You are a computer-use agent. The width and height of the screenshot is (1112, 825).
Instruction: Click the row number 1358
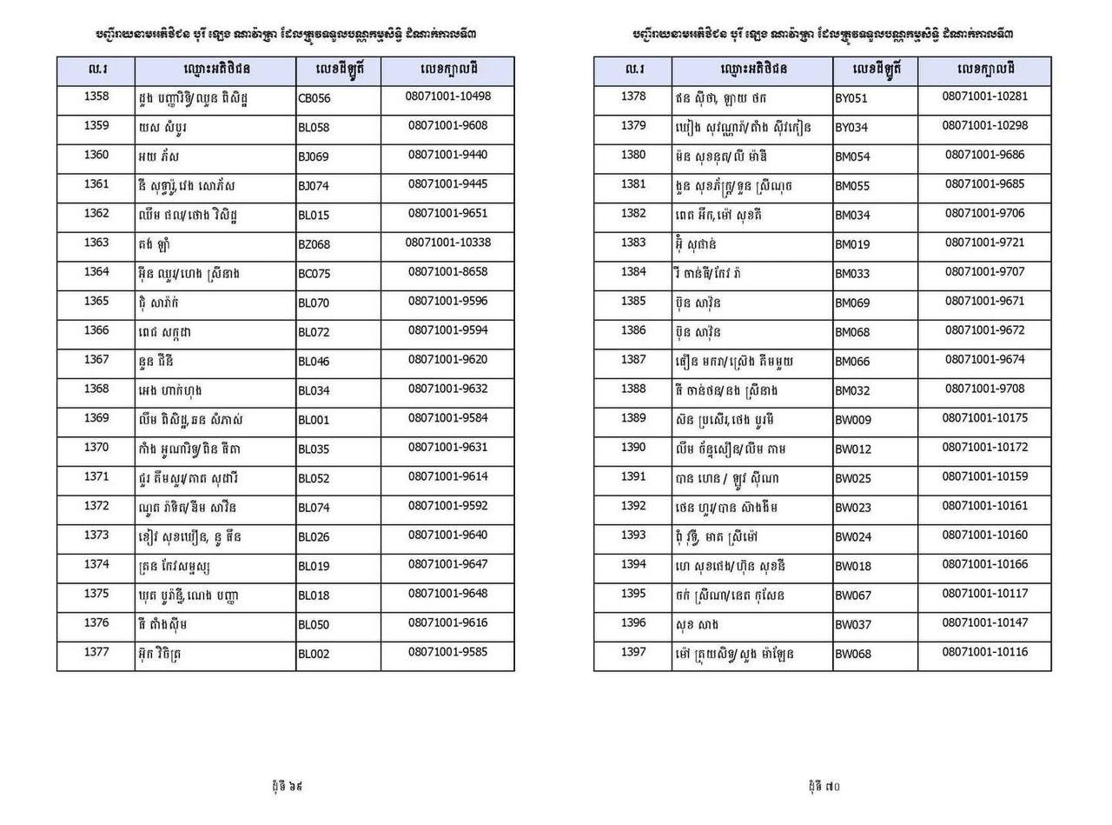click(96, 96)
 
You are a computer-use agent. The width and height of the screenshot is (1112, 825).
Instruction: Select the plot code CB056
click(314, 99)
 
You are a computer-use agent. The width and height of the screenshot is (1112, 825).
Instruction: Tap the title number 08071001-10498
click(448, 96)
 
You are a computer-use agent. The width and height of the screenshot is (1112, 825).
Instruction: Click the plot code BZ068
click(314, 245)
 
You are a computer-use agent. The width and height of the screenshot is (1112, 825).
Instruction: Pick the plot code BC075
click(314, 275)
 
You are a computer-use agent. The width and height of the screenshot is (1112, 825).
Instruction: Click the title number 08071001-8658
click(448, 272)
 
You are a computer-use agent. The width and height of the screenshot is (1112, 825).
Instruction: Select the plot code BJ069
click(314, 157)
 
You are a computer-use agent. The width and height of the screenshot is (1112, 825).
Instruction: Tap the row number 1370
click(96, 448)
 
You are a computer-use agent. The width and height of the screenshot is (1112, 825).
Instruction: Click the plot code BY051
click(851, 99)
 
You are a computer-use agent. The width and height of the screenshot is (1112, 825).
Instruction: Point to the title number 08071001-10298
click(985, 126)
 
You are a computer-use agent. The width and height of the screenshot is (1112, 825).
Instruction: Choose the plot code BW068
click(853, 654)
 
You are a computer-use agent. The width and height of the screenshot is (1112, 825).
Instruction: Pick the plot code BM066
click(852, 362)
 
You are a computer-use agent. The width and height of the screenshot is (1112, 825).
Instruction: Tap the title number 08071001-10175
click(985, 418)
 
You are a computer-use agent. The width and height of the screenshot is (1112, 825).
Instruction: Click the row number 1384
click(634, 272)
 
